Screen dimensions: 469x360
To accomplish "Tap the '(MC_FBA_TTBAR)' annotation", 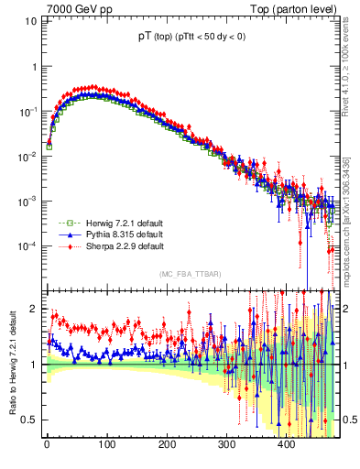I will coord(189,274).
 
